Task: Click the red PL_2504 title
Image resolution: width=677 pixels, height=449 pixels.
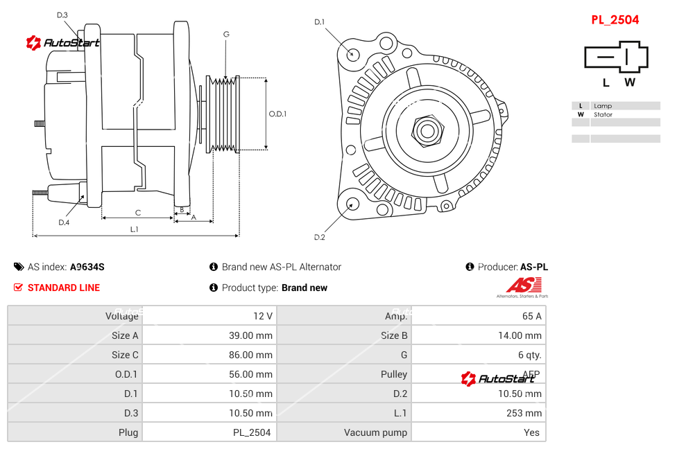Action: (x=615, y=20)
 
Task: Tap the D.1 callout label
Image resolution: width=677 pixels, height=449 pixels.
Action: (x=319, y=22)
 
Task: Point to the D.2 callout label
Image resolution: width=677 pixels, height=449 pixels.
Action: (x=319, y=238)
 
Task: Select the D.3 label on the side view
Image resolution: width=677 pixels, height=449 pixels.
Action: (x=62, y=15)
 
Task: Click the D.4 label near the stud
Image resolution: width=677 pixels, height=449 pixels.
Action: (x=64, y=222)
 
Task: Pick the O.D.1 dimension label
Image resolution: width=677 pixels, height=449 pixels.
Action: (x=277, y=114)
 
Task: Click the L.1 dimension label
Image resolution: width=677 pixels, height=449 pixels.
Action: (x=135, y=229)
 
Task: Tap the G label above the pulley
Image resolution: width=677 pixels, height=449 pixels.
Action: (x=226, y=34)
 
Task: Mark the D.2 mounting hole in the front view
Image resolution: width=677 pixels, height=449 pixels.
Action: (x=352, y=204)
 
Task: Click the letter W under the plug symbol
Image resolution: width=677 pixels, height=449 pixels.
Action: (x=629, y=82)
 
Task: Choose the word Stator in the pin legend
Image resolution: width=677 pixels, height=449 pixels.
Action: (x=603, y=114)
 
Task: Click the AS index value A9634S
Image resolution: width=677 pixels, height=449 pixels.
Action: (x=87, y=267)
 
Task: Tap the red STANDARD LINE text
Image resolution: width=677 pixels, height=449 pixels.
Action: (x=64, y=288)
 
